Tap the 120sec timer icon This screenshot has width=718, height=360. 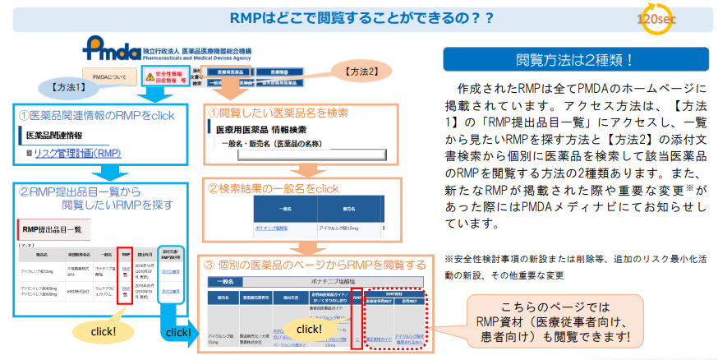click(x=664, y=21)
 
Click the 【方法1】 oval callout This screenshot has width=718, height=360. click(x=71, y=85)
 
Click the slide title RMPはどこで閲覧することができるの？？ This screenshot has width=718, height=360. click(x=362, y=16)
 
